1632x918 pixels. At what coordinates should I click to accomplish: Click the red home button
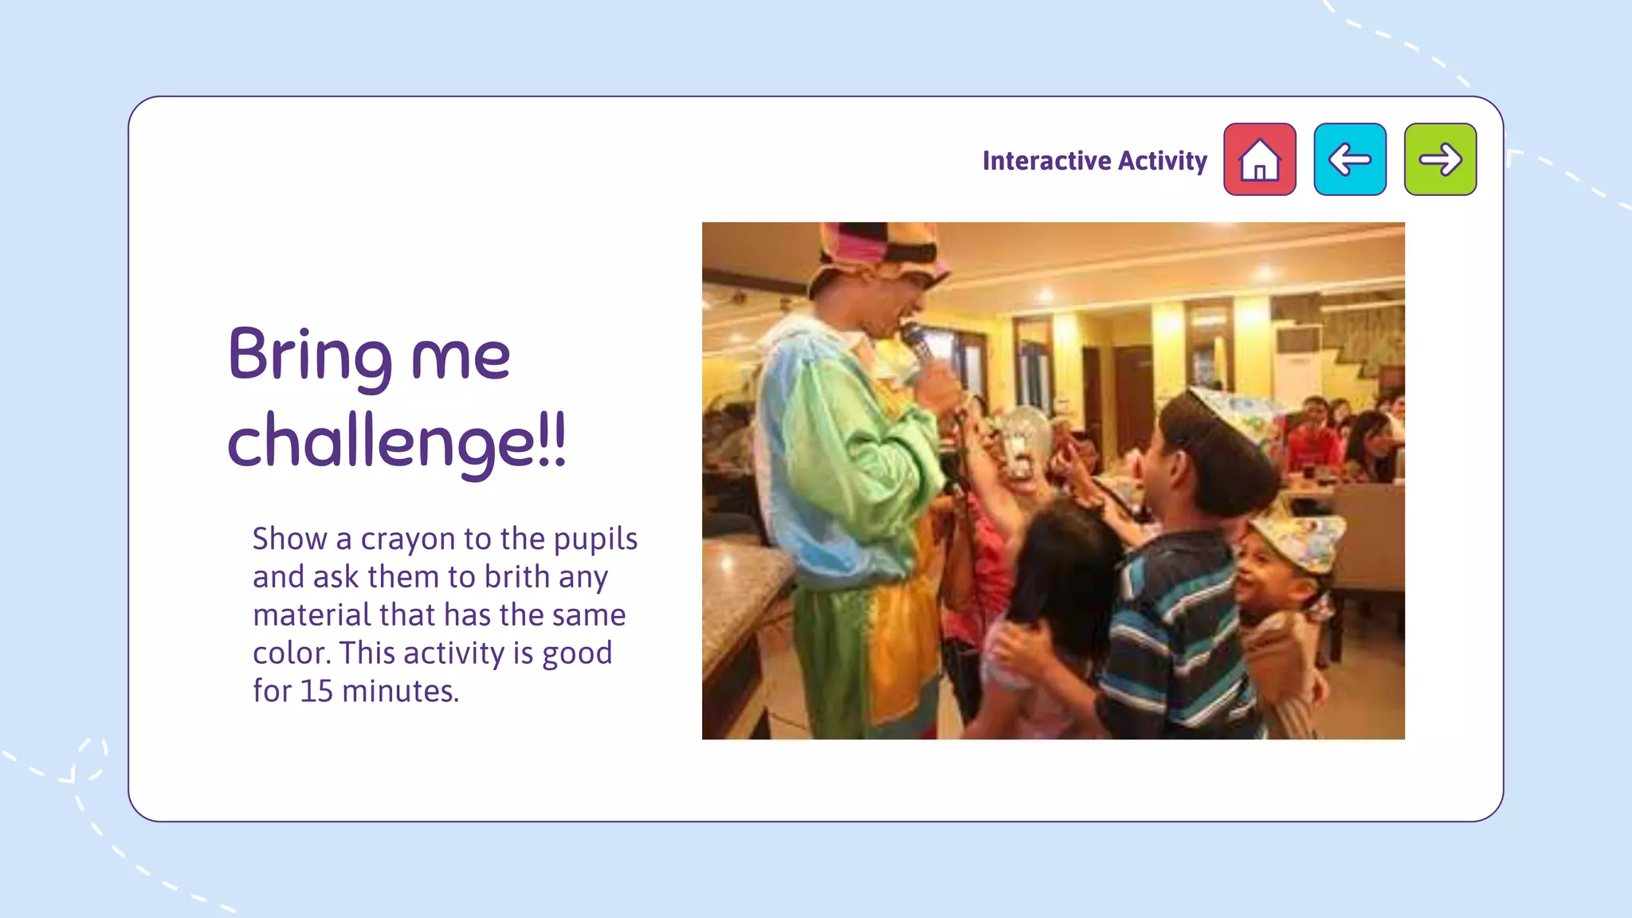click(1259, 159)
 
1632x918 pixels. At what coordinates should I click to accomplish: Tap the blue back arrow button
click(1350, 159)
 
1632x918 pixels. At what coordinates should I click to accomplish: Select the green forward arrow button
click(1440, 159)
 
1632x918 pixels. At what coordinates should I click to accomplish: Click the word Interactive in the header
click(1046, 161)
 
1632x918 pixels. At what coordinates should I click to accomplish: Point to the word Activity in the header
click(1163, 161)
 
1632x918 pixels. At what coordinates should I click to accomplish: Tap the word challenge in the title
click(381, 443)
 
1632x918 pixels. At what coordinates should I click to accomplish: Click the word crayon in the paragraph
click(408, 539)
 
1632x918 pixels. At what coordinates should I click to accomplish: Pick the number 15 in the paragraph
click(316, 691)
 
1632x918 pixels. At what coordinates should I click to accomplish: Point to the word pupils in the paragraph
click(595, 539)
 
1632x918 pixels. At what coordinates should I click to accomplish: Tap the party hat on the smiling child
click(1299, 542)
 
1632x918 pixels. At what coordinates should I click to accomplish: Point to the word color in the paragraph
click(291, 653)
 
